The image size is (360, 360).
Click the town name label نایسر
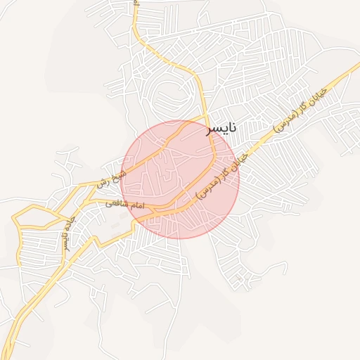click(x=221, y=129)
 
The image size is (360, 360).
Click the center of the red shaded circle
click(x=180, y=180)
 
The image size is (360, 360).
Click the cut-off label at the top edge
click(x=136, y=3)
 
